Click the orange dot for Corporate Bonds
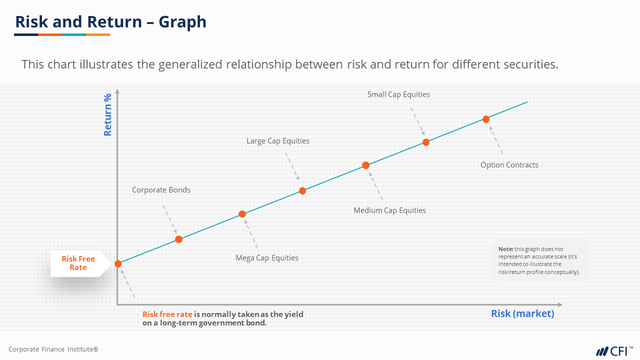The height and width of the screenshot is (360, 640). coord(178,239)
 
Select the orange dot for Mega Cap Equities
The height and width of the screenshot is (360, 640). coord(242,214)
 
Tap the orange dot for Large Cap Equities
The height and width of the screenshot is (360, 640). coord(302,190)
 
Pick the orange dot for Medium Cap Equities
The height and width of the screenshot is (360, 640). coord(365,165)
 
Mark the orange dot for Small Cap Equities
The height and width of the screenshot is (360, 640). coord(425,142)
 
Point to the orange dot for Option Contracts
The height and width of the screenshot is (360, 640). coord(485,119)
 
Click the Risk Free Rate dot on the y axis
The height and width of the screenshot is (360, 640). coord(118,263)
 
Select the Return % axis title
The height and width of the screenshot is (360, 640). coord(107,115)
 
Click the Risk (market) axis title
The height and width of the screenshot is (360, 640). coord(522,313)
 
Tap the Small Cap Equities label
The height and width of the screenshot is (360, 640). coord(398,94)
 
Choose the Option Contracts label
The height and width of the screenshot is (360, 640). coord(509,165)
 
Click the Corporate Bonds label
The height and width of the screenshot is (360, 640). coord(161,190)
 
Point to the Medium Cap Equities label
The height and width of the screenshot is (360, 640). coord(389,210)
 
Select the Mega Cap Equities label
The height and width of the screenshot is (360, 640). coord(267,258)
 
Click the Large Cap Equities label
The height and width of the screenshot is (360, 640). coord(277,141)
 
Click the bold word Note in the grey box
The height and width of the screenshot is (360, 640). coord(505,249)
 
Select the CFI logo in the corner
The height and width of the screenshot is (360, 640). coord(614,350)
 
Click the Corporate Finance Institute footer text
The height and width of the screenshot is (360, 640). coord(53,349)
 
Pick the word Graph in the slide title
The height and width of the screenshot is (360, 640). coord(182,22)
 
